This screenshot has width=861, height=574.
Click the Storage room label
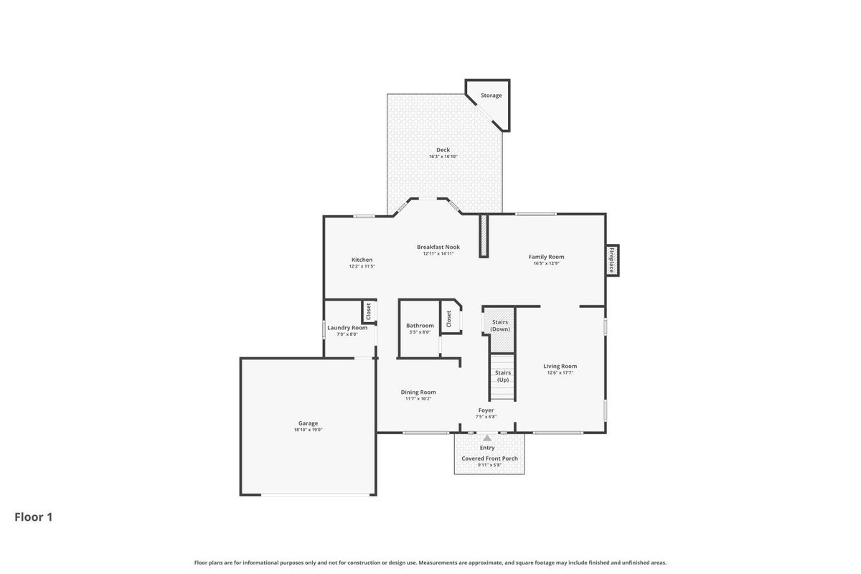[x=491, y=95]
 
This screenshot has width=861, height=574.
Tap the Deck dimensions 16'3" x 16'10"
[x=443, y=156]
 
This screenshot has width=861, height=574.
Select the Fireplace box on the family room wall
[x=612, y=260]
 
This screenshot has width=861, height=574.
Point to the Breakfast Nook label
[x=438, y=247]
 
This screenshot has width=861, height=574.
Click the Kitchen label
[x=362, y=260]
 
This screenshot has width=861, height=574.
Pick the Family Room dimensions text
[x=546, y=263]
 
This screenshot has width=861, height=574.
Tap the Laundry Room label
[x=347, y=328]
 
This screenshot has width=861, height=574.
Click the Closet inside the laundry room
[x=369, y=311]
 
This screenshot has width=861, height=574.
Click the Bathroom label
[x=420, y=325]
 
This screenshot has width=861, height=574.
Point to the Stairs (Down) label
[x=500, y=325]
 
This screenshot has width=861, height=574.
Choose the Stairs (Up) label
[x=503, y=376]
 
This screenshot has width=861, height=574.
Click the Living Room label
[x=560, y=366]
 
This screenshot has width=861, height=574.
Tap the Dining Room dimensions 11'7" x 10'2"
[x=418, y=399]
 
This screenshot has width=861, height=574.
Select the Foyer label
[x=486, y=410]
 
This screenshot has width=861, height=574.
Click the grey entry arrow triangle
[x=487, y=438]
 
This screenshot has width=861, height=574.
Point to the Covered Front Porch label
[x=489, y=458]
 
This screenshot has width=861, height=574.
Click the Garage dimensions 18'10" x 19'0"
[x=308, y=430]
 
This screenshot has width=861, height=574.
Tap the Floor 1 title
[x=34, y=517]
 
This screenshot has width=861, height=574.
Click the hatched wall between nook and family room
[x=484, y=235]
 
